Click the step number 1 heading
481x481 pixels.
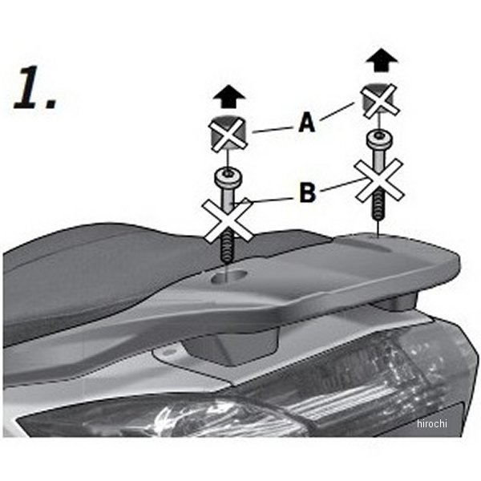tap(35, 87)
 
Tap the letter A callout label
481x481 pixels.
tap(306, 122)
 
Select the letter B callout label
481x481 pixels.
tap(307, 192)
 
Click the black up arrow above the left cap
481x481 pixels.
tap(229, 98)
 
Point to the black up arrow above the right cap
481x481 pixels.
tap(382, 60)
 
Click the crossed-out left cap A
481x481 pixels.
tap(228, 133)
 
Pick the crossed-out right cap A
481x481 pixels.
tap(380, 99)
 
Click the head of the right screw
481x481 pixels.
tap(380, 139)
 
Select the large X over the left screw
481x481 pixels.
tap(228, 221)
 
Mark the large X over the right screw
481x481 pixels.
tap(379, 180)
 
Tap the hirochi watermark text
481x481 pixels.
tap(432, 423)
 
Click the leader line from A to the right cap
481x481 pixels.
tap(337, 111)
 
